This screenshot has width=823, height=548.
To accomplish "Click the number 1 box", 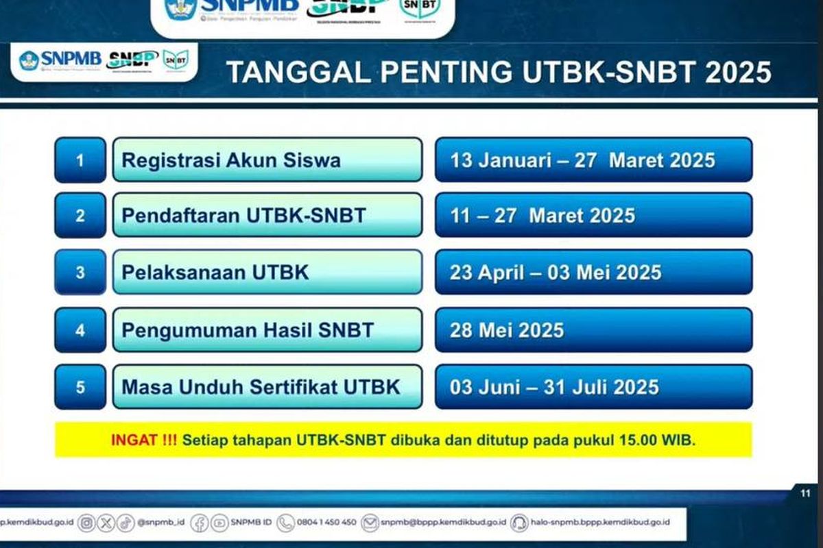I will [80, 160].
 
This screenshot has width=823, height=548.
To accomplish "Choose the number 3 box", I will [80, 272].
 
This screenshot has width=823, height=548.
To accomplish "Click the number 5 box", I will [80, 387].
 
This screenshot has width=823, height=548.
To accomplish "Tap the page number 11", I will [805, 493].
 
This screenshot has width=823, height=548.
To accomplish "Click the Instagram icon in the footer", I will [86, 523].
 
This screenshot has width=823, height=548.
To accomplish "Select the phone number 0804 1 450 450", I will [326, 523].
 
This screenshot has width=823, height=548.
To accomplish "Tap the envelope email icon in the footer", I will [370, 523].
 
